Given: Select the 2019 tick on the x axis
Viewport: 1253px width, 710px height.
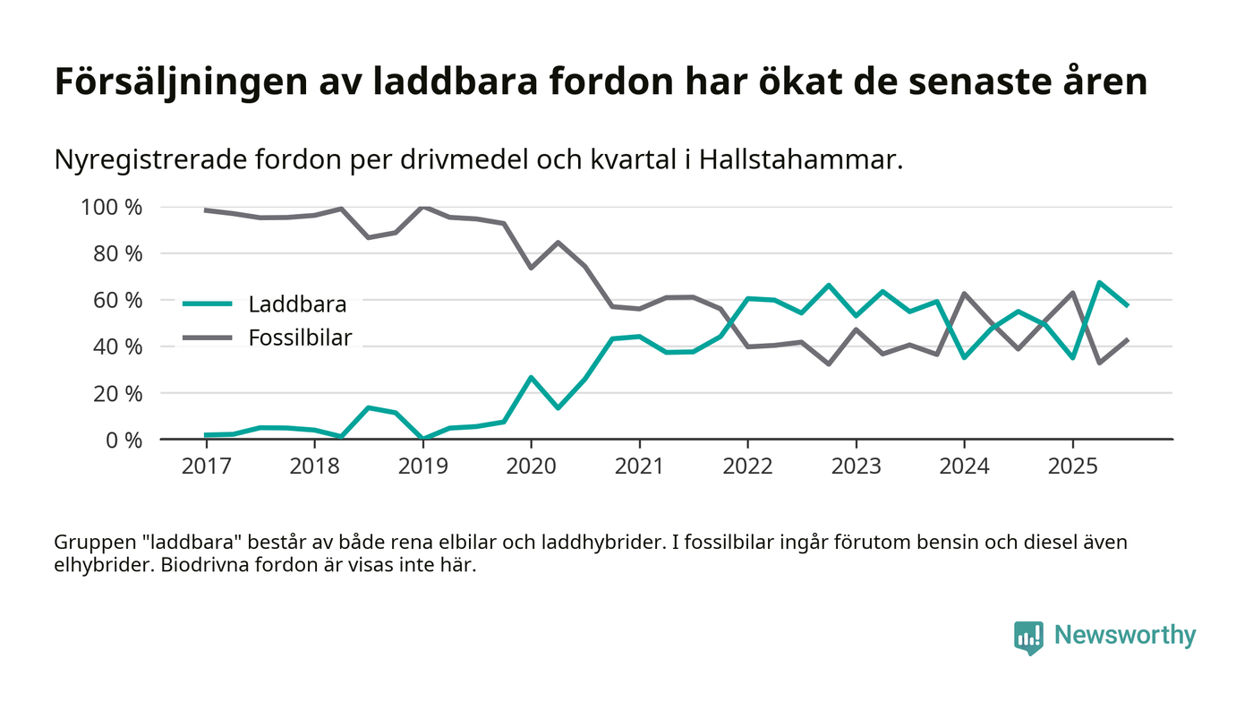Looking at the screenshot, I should tap(422, 466).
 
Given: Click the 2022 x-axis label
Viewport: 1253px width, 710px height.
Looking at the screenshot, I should tap(747, 466).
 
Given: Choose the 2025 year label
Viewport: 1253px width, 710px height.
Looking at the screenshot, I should tap(1072, 466).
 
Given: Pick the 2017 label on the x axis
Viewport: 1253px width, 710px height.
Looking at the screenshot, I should tap(206, 466).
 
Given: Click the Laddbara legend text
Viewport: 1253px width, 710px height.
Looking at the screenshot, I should tap(297, 304).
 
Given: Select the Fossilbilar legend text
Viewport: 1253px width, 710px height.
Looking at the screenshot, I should tap(300, 338).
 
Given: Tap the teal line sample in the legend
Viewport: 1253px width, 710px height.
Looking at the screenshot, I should tap(208, 304).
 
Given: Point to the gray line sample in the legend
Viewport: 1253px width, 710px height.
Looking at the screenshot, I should tap(208, 338).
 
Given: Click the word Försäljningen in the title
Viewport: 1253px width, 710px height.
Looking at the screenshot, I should tap(179, 82).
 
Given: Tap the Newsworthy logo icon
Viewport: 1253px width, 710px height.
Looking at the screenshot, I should tap(1029, 637).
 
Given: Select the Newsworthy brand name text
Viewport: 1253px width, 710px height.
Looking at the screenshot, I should tap(1125, 635).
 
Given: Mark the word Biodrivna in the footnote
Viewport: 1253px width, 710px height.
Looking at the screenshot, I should tap(201, 567).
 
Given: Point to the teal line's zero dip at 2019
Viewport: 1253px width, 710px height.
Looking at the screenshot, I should tap(422, 439).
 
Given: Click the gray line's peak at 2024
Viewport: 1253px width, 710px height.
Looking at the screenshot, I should tap(964, 294).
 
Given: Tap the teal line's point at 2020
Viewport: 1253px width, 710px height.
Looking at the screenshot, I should tap(531, 378).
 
